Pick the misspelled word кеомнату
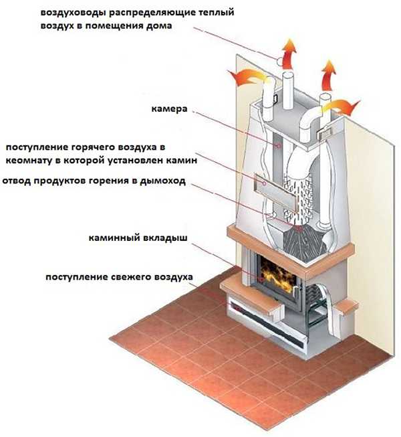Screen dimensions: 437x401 click(x=30, y=160)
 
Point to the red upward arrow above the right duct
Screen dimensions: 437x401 click(x=328, y=75)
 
